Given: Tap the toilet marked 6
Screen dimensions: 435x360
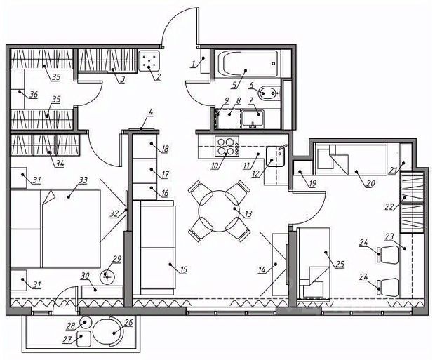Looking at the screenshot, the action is [x=270, y=91].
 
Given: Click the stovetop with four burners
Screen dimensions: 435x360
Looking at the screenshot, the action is [x=225, y=147].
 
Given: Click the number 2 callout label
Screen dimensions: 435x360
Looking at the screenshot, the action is [x=159, y=76].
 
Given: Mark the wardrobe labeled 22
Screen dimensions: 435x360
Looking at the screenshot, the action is [x=412, y=202].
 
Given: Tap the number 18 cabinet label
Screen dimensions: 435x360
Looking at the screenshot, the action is [x=165, y=149].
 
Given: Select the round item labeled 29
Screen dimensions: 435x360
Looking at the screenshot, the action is [x=107, y=276].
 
